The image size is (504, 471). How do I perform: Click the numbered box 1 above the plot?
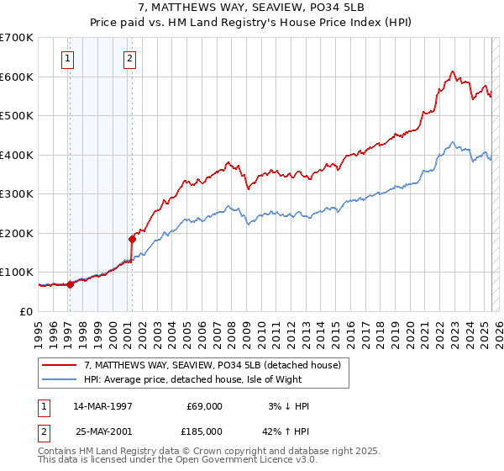[x=67, y=59]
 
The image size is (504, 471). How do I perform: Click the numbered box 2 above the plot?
[x=130, y=59]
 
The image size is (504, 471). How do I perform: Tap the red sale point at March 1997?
[x=70, y=284]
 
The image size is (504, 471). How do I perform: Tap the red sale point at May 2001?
[x=132, y=239]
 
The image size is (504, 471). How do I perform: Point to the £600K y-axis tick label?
[x=17, y=77]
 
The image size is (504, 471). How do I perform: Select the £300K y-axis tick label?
[x=17, y=194]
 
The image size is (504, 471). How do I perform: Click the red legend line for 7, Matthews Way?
[x=59, y=366]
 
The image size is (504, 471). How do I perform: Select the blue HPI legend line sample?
[x=59, y=380]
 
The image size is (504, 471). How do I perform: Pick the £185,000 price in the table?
[x=205, y=431]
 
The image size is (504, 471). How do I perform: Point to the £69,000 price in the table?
[x=205, y=406]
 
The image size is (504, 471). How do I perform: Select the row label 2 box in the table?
[x=43, y=431]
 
